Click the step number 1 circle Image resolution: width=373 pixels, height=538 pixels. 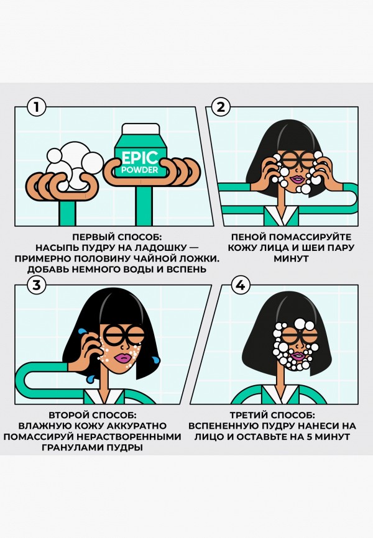pyautogui.click(x=37, y=107)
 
